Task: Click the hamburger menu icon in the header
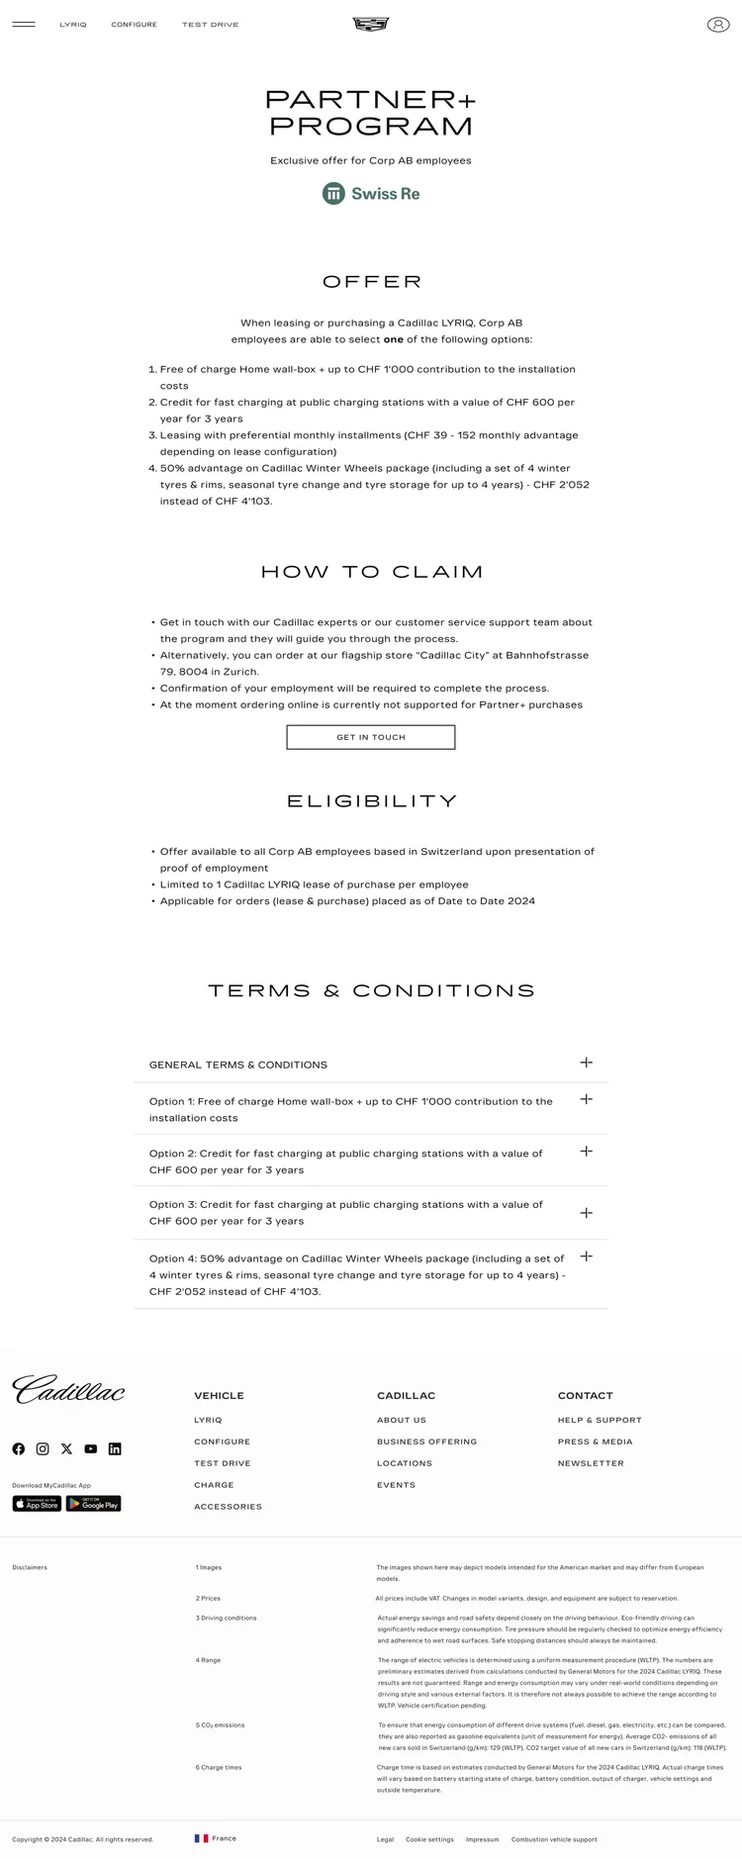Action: pos(24,25)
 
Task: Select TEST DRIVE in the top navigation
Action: pos(210,25)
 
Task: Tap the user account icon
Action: pos(717,25)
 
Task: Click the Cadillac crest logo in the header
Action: pos(371,24)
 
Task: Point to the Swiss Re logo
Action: pos(371,194)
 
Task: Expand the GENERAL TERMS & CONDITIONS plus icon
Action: pos(586,1063)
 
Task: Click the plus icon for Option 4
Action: pos(586,1256)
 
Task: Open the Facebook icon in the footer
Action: pos(19,1448)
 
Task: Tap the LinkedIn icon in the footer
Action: pos(115,1448)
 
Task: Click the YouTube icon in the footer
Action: pos(91,1448)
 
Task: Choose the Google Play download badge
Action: pos(93,1504)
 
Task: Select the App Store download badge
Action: pos(37,1504)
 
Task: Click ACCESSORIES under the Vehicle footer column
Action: pos(228,1507)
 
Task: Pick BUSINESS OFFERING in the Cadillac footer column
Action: pos(426,1441)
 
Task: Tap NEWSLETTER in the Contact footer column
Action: pos(591,1463)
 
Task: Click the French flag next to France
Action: pos(202,1838)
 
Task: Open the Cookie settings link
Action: pos(429,1839)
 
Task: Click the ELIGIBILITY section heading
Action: pos(371,801)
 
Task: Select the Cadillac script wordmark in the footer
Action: pos(68,1389)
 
